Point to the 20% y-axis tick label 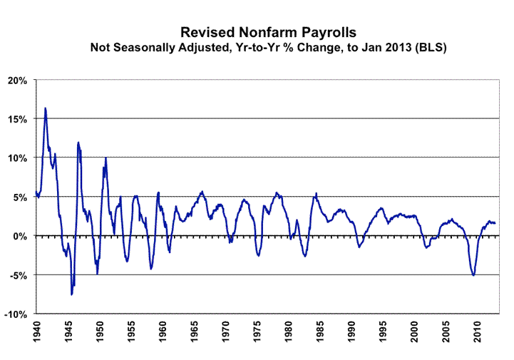point(17,80)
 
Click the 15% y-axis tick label point(17,119)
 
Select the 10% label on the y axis point(17,158)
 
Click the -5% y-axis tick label point(19,275)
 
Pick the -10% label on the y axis point(16,314)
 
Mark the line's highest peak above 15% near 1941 point(46,108)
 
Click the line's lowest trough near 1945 point(71,294)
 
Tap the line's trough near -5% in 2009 point(473,275)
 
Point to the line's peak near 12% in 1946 point(78,142)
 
